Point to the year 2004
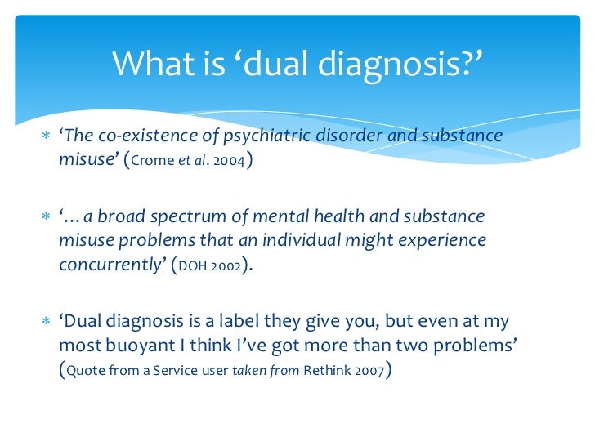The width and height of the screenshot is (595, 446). coord(226,159)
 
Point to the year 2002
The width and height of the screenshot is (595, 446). coord(228,265)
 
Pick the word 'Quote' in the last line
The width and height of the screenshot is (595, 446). coord(88,371)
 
